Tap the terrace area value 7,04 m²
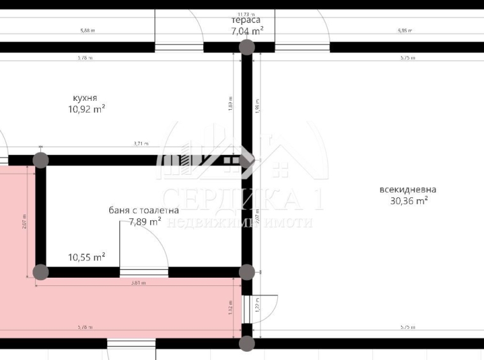[x=247, y=30]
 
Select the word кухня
[x=85, y=98]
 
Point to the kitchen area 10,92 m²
[x=86, y=109]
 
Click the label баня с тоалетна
[x=143, y=210]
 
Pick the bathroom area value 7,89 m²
[x=145, y=221]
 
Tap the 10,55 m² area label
[x=86, y=257]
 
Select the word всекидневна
[x=408, y=190]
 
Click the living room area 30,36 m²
[x=409, y=200]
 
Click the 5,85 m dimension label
[x=404, y=31]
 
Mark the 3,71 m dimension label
[x=141, y=144]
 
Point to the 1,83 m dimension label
[x=231, y=103]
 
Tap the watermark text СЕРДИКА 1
[x=242, y=200]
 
